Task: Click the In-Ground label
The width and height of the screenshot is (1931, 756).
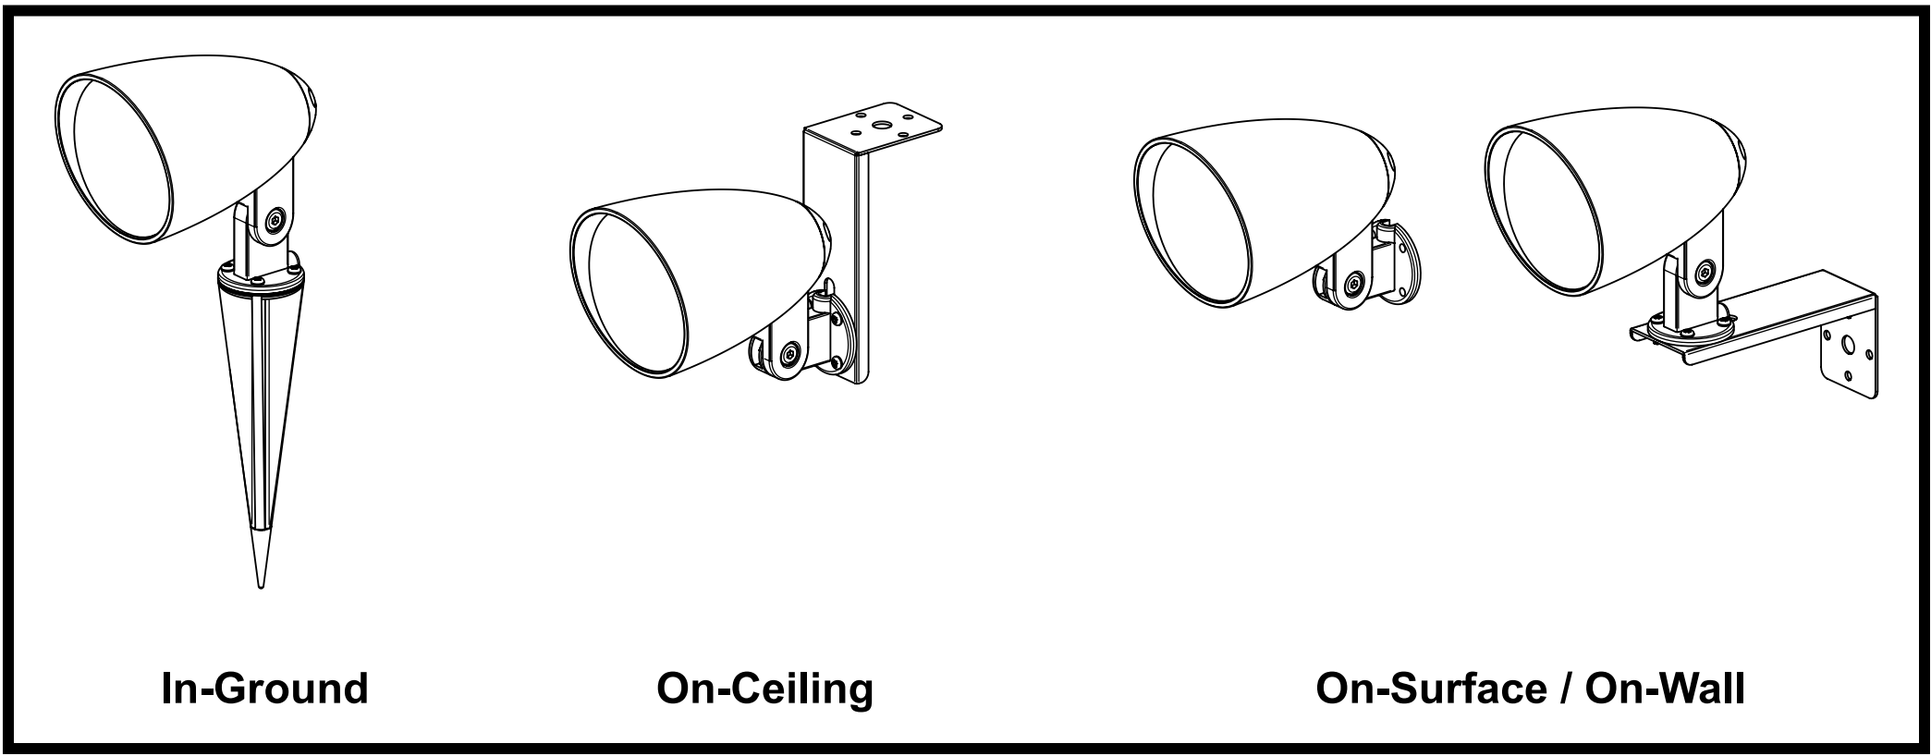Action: (264, 689)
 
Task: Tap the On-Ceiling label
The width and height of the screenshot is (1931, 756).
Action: (764, 689)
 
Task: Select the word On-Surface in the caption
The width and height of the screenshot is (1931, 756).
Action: (1430, 689)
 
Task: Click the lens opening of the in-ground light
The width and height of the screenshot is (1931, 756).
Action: (121, 161)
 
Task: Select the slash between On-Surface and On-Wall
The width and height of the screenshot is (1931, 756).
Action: (1565, 689)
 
